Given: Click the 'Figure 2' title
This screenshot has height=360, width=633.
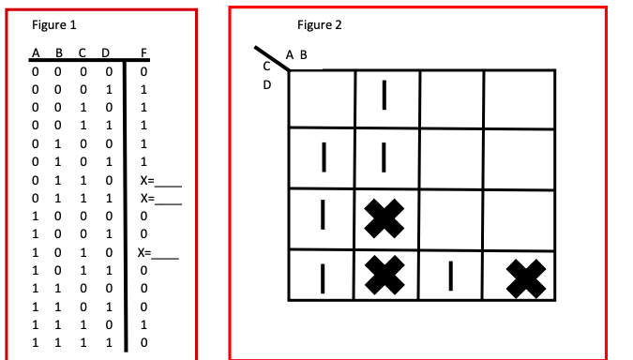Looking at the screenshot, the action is (319, 24).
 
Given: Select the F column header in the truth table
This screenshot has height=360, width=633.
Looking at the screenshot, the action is (143, 52).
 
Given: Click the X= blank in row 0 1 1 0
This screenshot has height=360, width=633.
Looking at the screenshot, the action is (165, 181).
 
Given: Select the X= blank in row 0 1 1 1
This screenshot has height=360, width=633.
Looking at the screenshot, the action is (165, 199).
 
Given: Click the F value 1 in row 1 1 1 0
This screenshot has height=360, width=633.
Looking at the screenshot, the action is (143, 324).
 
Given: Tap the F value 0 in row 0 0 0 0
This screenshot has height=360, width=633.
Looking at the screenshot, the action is (143, 70).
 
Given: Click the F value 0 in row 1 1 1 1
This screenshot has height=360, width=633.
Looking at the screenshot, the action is (143, 343).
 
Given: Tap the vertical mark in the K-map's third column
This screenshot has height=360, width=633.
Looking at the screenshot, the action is (451, 275).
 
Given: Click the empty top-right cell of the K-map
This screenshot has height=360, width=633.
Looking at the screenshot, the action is (520, 97).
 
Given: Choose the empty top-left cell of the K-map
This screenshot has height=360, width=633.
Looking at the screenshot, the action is (322, 97).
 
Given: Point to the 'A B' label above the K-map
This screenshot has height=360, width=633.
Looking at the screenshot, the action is (295, 54).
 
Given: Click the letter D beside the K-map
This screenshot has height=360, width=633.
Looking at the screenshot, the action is (266, 84).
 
